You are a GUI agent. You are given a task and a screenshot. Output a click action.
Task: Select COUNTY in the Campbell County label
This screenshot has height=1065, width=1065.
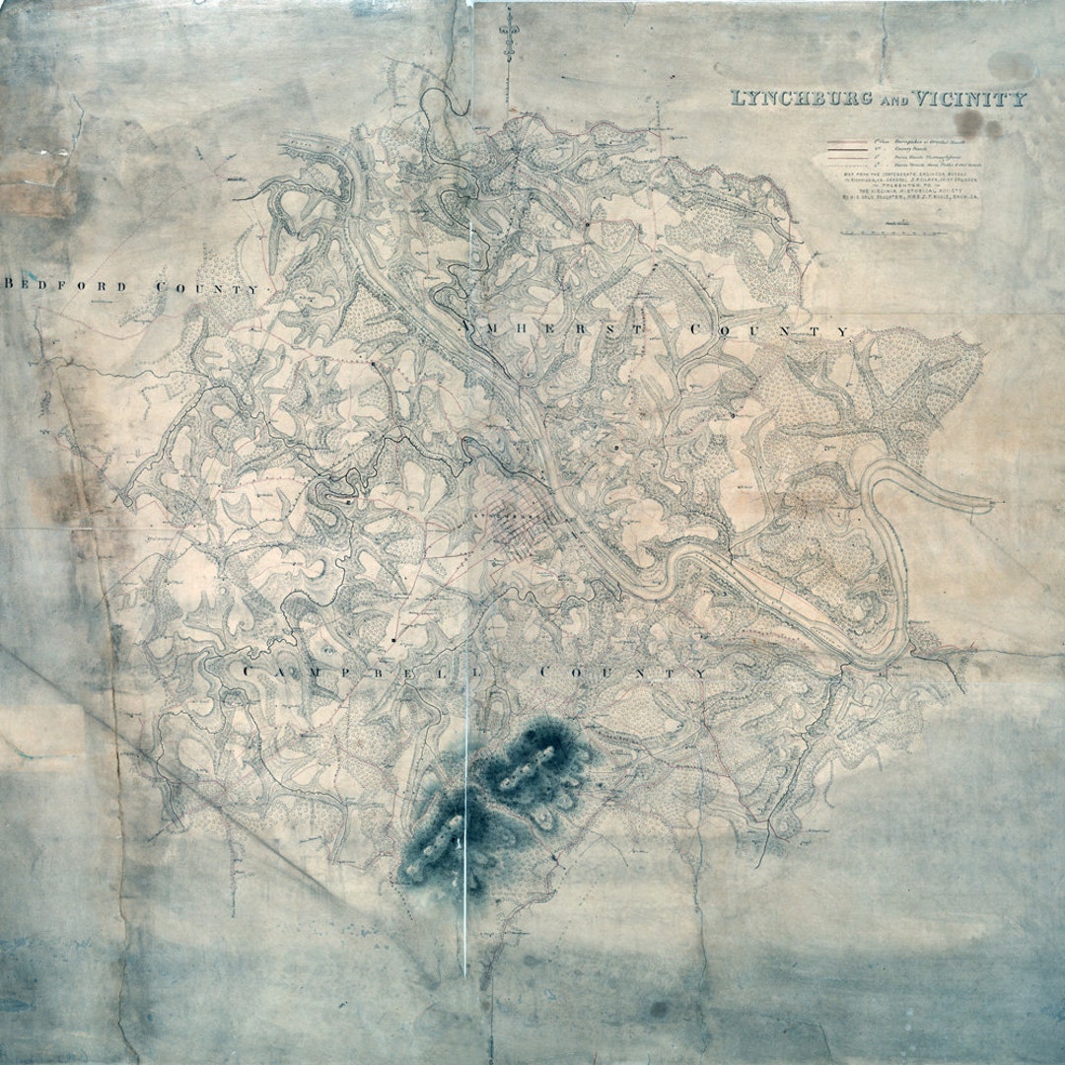622,673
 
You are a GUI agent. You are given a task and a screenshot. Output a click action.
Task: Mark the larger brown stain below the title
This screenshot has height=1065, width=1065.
970,123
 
